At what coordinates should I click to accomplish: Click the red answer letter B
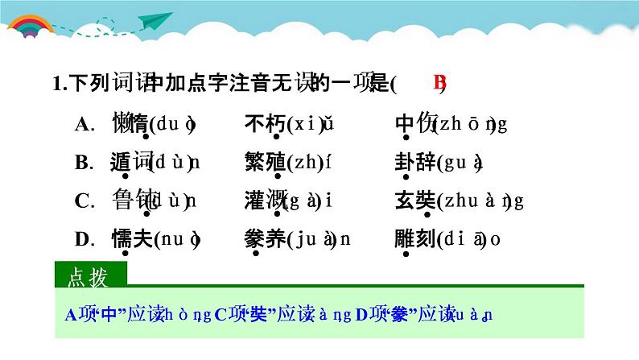[x=439, y=83]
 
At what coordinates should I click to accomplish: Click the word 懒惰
[x=130, y=124]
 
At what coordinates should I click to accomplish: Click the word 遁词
[x=130, y=162]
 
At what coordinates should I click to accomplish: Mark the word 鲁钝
[x=130, y=201]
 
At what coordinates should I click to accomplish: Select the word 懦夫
[x=130, y=238]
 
